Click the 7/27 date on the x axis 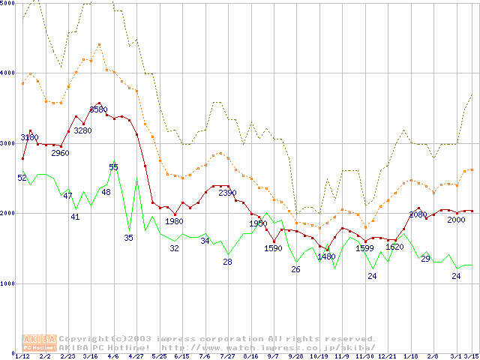(x=227, y=356)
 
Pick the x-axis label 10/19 (x=318, y=356)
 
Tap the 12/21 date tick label (x=387, y=356)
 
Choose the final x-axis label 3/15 (x=471, y=356)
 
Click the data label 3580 (x=98, y=109)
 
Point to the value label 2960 (x=60, y=153)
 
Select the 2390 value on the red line (x=227, y=193)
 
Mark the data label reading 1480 (x=326, y=256)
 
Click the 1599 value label (x=364, y=248)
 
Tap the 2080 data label (x=418, y=214)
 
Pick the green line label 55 (x=113, y=166)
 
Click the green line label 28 (x=227, y=262)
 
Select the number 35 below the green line (x=128, y=237)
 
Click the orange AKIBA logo (x=39, y=342)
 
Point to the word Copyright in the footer (x=86, y=339)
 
